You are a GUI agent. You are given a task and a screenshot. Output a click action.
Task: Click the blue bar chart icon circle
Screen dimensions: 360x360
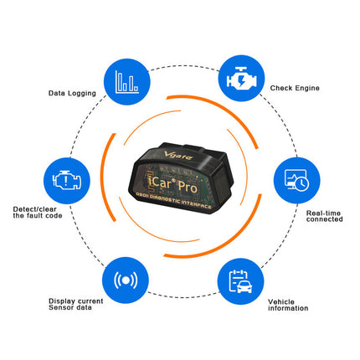pyautogui.click(x=127, y=82)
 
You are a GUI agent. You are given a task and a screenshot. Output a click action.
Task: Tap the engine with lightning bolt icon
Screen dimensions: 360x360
pyautogui.click(x=241, y=79)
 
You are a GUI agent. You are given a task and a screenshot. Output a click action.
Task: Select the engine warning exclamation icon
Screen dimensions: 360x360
pyautogui.click(x=67, y=180)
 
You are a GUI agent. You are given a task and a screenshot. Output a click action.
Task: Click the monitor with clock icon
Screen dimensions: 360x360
pyautogui.click(x=296, y=180)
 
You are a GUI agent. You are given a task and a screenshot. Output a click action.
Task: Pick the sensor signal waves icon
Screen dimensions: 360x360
pyautogui.click(x=126, y=280)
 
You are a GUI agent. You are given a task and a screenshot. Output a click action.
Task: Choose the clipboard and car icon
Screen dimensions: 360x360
pyautogui.click(x=240, y=281)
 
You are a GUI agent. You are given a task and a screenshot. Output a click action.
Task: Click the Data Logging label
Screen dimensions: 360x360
pyautogui.click(x=72, y=93)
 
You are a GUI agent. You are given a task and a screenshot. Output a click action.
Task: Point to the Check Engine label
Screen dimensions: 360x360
pyautogui.click(x=295, y=88)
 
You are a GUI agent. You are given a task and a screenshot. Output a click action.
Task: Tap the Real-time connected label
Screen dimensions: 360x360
pyautogui.click(x=325, y=216)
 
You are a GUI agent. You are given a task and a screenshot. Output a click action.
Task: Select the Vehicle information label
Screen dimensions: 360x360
pyautogui.click(x=288, y=305)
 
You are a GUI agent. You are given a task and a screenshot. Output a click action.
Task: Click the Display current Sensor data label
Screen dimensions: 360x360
pyautogui.click(x=76, y=304)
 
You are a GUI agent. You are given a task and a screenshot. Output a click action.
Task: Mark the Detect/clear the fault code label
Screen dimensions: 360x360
pyautogui.click(x=38, y=213)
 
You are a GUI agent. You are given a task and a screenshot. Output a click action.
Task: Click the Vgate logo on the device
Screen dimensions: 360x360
pyautogui.click(x=178, y=155)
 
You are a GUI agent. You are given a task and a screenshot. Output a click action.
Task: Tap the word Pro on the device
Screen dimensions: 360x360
pyautogui.click(x=188, y=187)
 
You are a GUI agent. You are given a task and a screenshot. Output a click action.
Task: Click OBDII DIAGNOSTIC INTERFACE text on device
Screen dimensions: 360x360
pyautogui.click(x=173, y=200)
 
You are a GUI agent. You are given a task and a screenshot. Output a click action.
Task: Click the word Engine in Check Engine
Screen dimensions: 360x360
pyautogui.click(x=307, y=88)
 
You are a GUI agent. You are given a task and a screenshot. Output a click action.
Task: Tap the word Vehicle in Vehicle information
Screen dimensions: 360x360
pyautogui.click(x=281, y=301)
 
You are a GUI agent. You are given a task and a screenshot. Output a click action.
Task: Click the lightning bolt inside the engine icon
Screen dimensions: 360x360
pyautogui.click(x=241, y=80)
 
